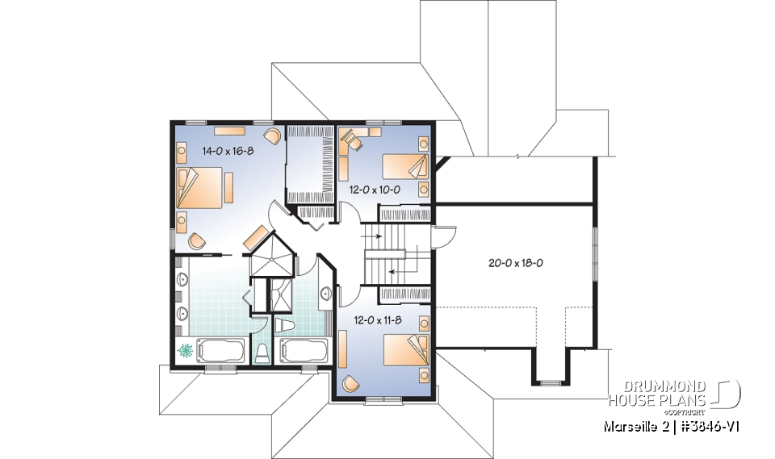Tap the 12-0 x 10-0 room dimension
click(375, 190)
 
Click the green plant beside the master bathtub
click(185, 352)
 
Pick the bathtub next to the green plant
click(219, 352)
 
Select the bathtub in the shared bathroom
click(304, 352)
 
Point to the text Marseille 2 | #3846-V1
click(671, 425)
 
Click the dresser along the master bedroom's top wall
click(229, 129)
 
